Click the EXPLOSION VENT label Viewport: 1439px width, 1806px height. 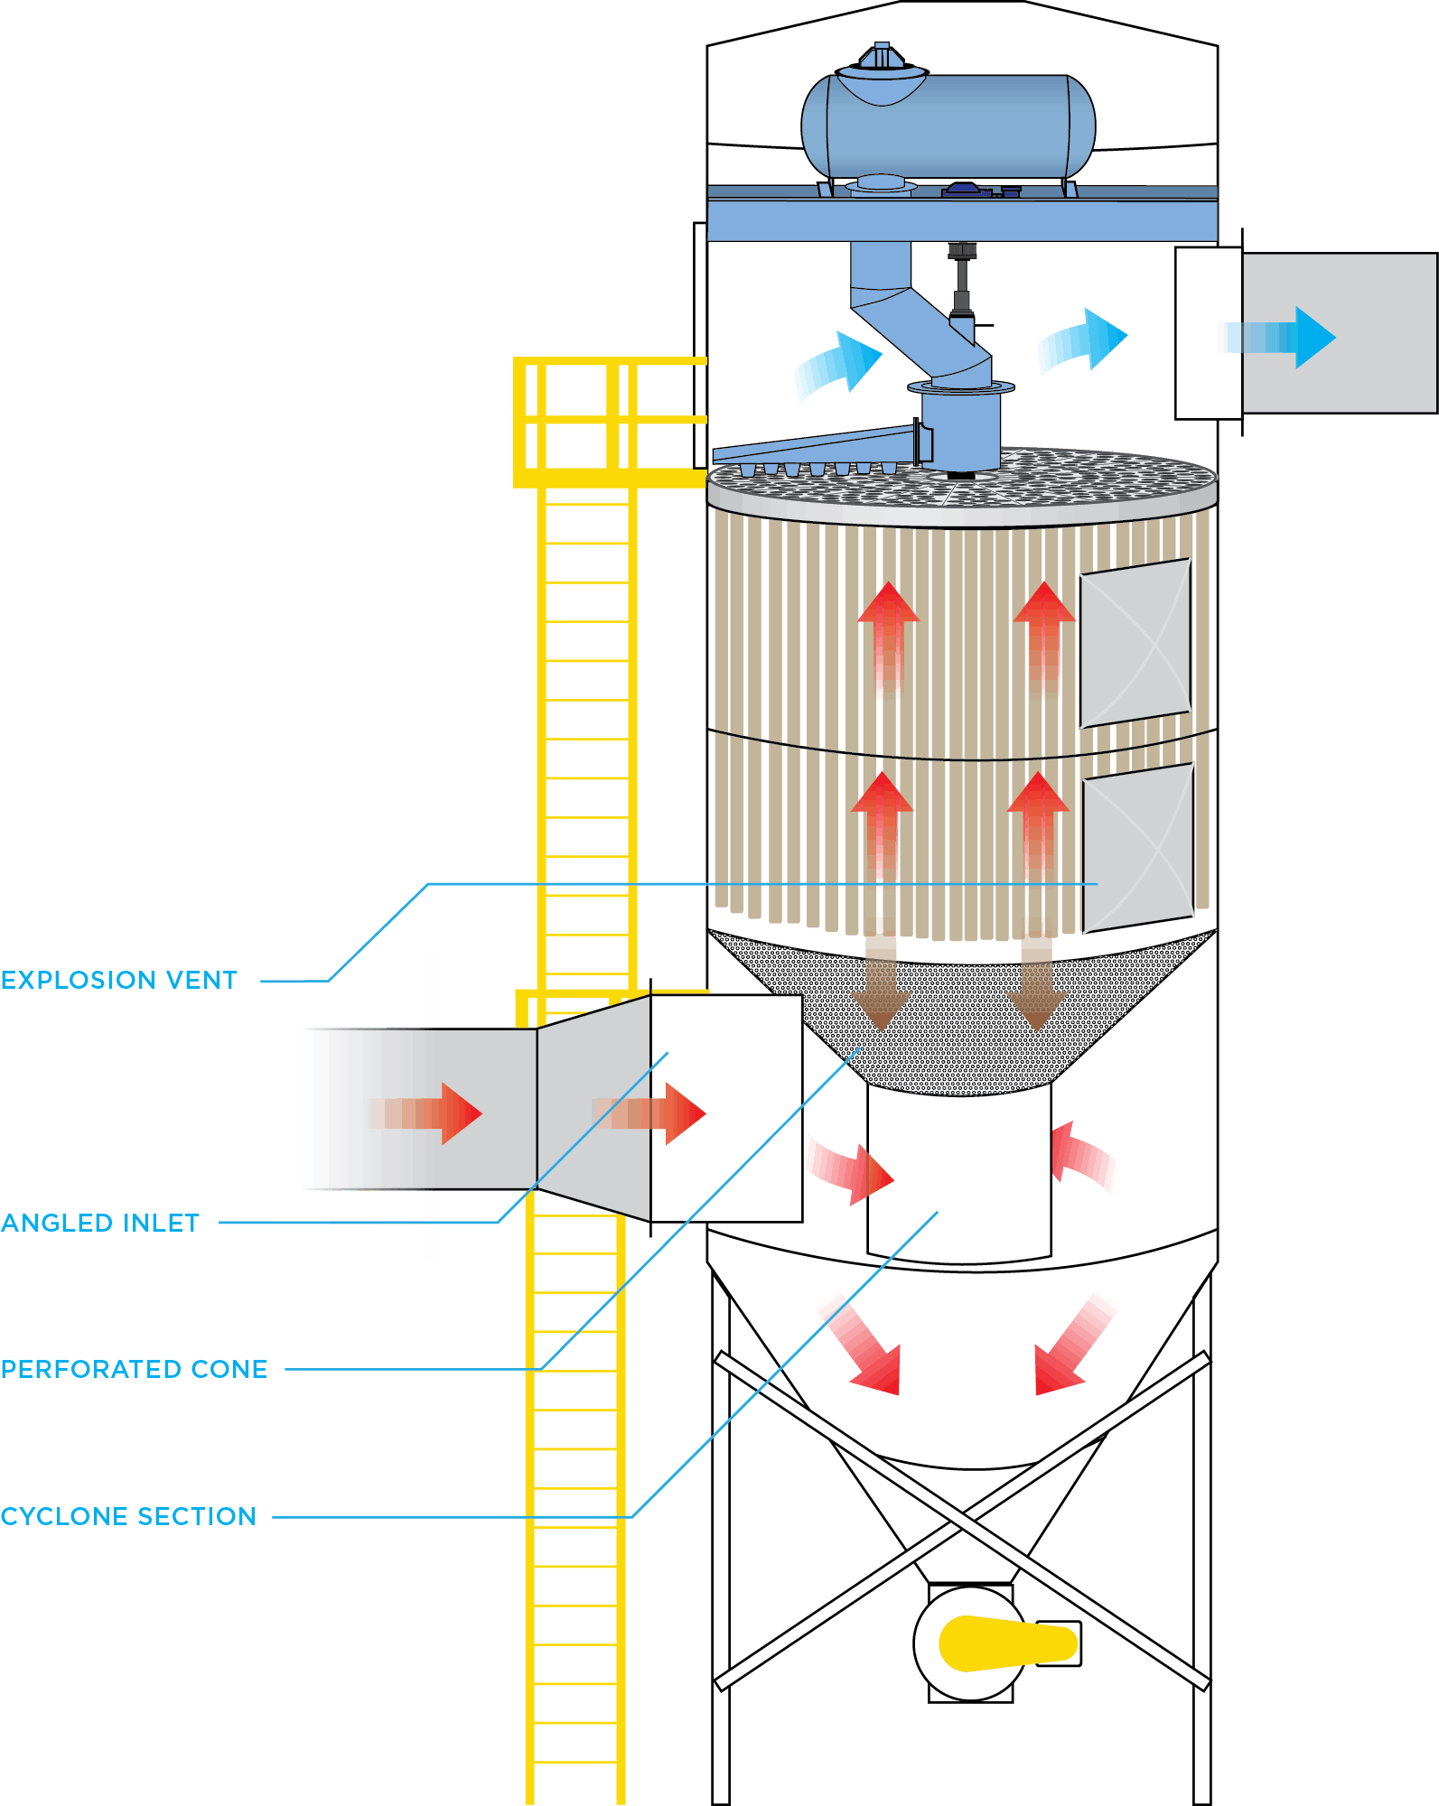click(x=119, y=980)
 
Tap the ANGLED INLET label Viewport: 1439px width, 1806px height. click(x=100, y=1223)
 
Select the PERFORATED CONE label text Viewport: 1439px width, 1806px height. click(x=135, y=1369)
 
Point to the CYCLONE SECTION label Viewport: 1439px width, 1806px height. click(x=128, y=1516)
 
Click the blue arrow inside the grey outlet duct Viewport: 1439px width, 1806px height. click(x=1278, y=337)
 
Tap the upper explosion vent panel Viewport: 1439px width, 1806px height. click(x=1135, y=643)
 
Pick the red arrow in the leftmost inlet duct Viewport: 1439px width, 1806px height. click(x=425, y=1113)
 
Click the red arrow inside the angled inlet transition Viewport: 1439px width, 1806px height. click(x=649, y=1113)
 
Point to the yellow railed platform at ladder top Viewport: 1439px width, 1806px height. click(x=610, y=423)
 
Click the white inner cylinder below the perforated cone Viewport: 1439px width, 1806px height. click(x=959, y=1173)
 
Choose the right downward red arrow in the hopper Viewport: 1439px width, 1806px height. click(x=1075, y=1345)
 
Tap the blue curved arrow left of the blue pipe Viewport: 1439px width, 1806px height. click(x=837, y=365)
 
